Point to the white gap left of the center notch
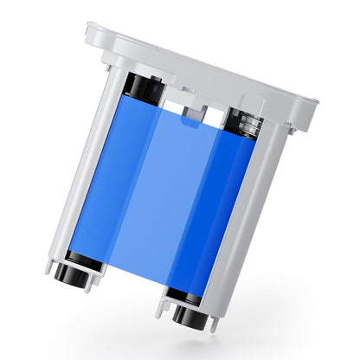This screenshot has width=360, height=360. (x=172, y=109)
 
